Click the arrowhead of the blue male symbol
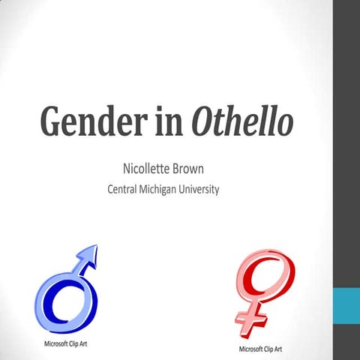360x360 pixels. (88, 255)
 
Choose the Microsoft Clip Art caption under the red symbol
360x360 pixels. (260, 349)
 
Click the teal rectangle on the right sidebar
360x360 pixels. (346, 310)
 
